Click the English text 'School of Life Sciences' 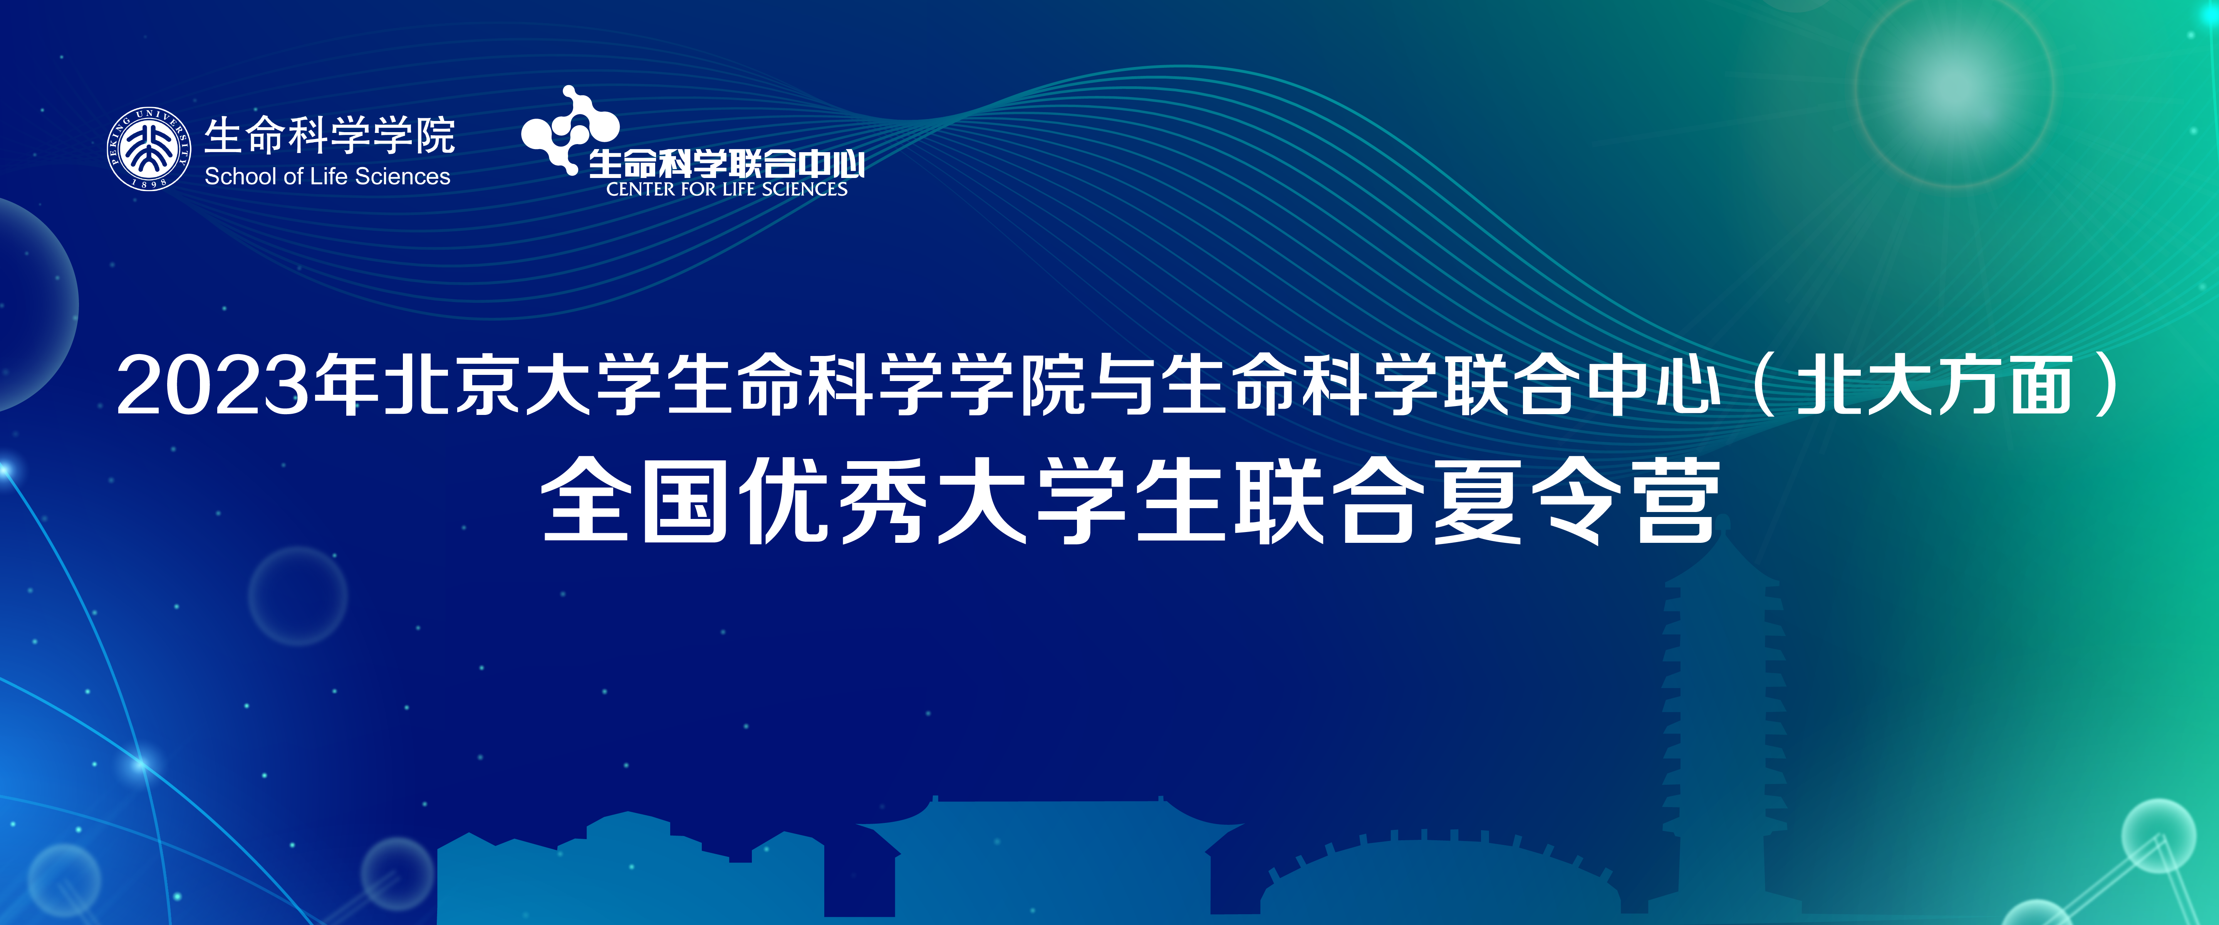[x=327, y=176]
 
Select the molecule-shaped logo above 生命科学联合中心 [x=570, y=129]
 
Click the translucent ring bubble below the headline [x=298, y=596]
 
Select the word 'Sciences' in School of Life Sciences [x=402, y=176]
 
